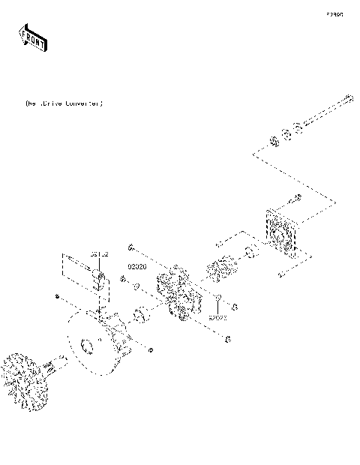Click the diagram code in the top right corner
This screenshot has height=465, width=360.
pos(334,13)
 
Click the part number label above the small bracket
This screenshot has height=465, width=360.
pos(100,255)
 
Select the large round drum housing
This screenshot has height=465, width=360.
pos(97,341)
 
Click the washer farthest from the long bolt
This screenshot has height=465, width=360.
pos(274,142)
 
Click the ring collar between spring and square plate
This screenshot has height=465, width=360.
pos(251,251)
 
